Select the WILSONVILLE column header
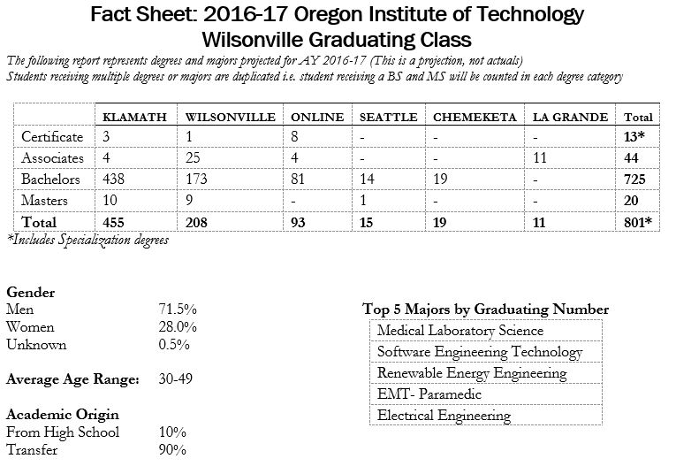click(225, 117)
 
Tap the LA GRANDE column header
click(572, 117)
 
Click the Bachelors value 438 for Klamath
click(114, 180)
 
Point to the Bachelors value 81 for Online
click(297, 180)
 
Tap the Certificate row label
click(52, 137)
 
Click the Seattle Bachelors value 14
click(366, 180)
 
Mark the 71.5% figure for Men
click(177, 310)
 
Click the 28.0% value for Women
click(177, 327)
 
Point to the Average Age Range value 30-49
click(175, 379)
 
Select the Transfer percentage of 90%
click(171, 449)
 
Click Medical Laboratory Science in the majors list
click(460, 331)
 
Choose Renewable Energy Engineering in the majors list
click(471, 373)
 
